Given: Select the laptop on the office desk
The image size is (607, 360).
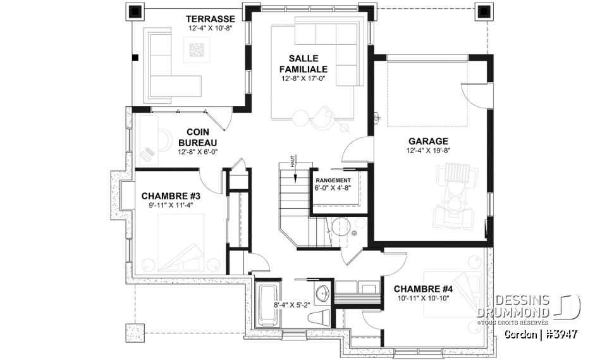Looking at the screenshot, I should coord(147,152).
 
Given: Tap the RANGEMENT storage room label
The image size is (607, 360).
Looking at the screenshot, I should coord(333,180).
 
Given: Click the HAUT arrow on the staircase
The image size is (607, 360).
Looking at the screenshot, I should coord(293,163).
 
